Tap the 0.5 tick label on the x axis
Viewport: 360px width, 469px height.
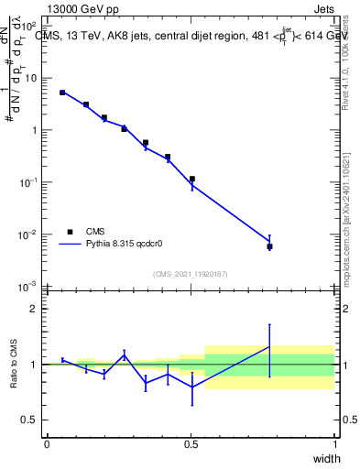coord(191,444)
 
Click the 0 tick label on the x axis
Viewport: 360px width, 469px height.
coord(47,444)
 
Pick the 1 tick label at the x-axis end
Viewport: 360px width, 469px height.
coord(335,444)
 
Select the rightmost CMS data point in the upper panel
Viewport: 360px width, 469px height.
coord(269,246)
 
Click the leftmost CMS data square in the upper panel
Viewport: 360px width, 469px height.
coord(62,93)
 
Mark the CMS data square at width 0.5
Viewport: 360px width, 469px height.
coord(191,180)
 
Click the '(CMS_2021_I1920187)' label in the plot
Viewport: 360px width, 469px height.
coord(191,274)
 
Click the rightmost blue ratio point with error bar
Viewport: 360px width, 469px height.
coord(269,346)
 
